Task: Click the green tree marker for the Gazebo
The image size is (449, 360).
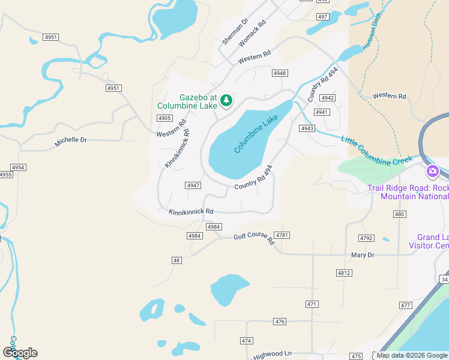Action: tap(226, 101)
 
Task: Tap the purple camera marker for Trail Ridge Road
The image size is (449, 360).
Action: tap(432, 172)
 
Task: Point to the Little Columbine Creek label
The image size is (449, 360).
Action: tap(376, 151)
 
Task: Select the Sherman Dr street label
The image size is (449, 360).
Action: tap(235, 31)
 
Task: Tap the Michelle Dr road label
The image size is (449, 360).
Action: tap(71, 140)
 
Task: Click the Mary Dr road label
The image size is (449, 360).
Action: tap(363, 255)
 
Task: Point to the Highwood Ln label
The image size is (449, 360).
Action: tap(272, 355)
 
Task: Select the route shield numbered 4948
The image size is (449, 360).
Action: tap(279, 73)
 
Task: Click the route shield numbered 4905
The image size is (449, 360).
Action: tap(164, 118)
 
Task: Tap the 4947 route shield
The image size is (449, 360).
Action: tap(193, 185)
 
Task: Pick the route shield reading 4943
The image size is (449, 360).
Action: tap(307, 128)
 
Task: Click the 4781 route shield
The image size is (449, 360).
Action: tap(282, 235)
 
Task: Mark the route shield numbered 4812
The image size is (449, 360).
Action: tap(344, 273)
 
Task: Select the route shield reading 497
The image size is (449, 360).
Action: tap(323, 17)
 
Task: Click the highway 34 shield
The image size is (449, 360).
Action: tap(444, 280)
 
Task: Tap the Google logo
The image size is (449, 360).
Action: tap(20, 353)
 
